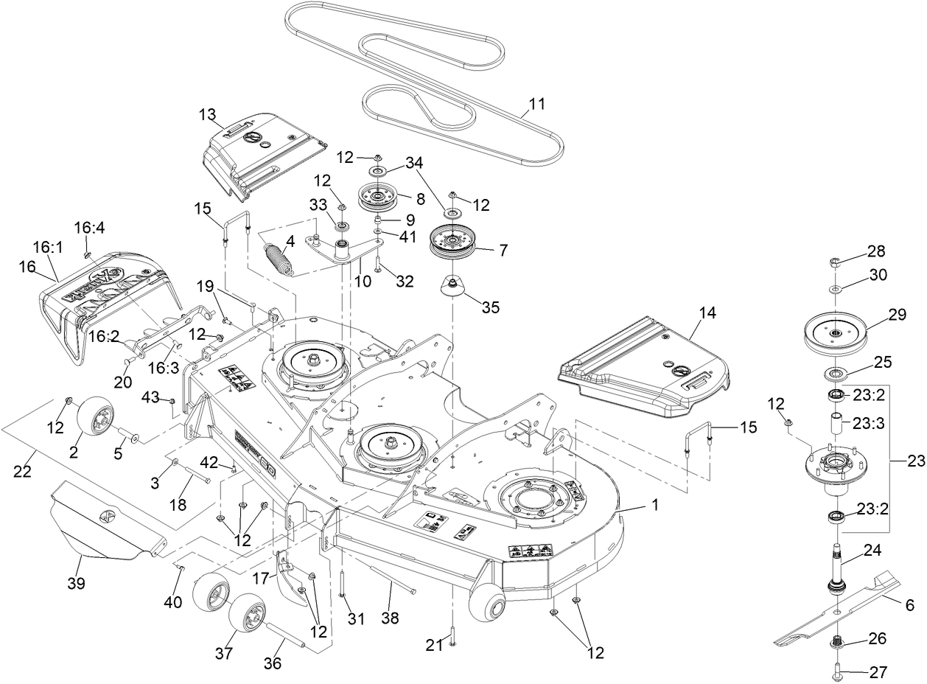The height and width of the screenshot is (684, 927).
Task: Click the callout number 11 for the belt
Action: [537, 105]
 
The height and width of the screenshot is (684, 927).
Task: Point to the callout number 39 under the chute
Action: [76, 584]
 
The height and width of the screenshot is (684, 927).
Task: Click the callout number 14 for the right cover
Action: [707, 313]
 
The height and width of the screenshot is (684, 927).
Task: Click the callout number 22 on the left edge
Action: [24, 472]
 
